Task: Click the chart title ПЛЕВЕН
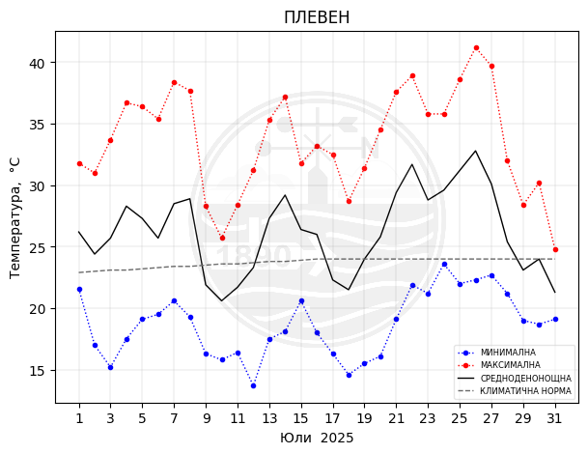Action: [317, 17]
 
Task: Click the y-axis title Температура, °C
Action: [15, 217]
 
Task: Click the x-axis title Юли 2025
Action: [317, 438]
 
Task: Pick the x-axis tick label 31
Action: [554, 418]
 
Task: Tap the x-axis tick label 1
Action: [79, 418]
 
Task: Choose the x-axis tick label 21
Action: [396, 418]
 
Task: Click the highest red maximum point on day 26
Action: [476, 47]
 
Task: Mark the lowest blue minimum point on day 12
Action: [253, 385]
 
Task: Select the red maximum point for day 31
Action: [555, 249]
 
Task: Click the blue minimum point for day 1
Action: [79, 290]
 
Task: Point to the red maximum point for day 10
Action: [222, 238]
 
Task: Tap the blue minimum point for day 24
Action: [444, 264]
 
